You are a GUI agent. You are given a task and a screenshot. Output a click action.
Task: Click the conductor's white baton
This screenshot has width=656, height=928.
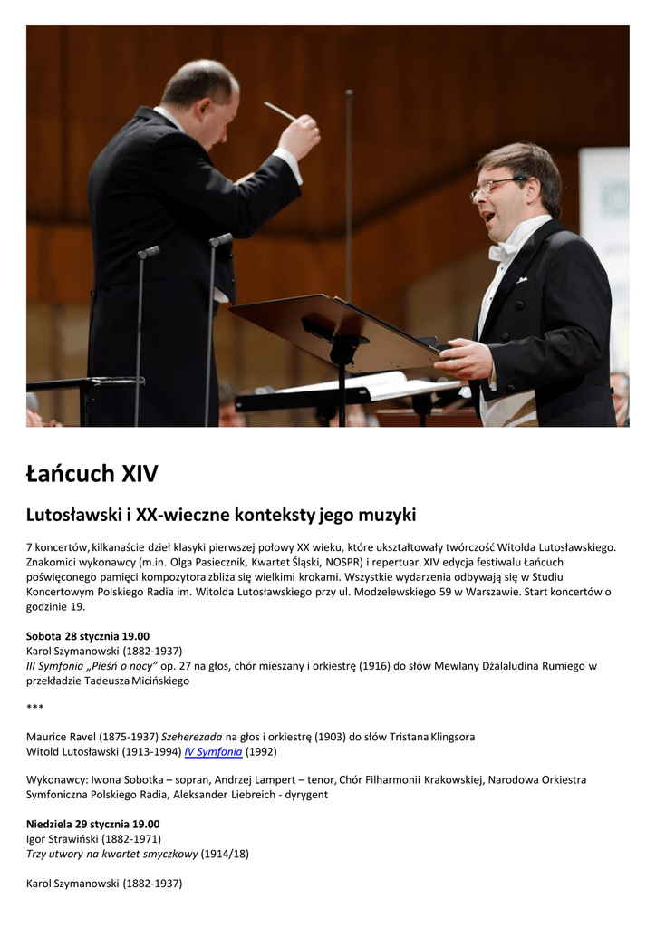pos(280,111)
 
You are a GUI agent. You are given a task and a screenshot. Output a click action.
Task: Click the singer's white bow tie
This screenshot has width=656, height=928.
pos(501,249)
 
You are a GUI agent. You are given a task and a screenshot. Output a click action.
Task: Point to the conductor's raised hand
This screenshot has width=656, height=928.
pos(299,135)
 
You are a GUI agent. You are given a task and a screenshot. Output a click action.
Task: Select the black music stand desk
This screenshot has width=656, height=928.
pos(335,331)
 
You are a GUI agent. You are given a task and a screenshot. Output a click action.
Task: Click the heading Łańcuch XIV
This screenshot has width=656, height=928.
pos(92,473)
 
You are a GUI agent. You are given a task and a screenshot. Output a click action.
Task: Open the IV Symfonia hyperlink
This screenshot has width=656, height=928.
pos(213,751)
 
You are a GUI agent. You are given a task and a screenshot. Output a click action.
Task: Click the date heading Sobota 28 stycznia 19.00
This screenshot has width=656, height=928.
pos(88,636)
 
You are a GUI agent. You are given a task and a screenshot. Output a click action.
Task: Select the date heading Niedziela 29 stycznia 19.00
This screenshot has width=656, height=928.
pos(92,824)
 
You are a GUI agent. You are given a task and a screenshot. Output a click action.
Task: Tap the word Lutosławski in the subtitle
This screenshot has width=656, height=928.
pos(73,516)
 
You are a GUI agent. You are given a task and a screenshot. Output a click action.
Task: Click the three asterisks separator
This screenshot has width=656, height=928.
pos(34,708)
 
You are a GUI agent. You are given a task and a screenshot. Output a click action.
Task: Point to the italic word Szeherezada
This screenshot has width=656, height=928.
pos(191,737)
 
